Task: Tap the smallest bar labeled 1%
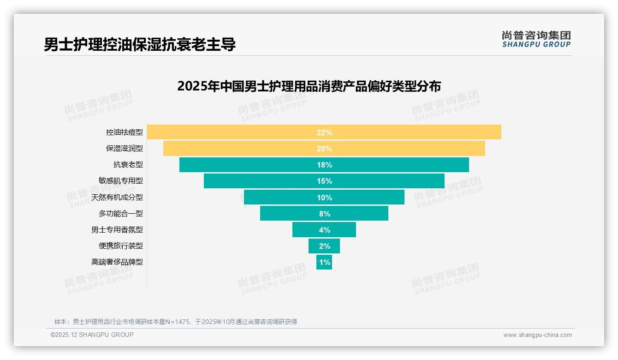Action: pos(324,262)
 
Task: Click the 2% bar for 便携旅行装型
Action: pos(324,246)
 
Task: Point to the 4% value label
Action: pos(324,230)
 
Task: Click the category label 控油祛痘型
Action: pos(125,132)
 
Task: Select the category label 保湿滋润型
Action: pos(125,149)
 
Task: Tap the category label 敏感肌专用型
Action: pos(121,181)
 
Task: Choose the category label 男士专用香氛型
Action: pos(117,229)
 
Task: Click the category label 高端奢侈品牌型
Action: pos(117,262)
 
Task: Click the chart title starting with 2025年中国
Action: pos(309,86)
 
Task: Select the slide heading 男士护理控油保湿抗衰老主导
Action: pos(140,44)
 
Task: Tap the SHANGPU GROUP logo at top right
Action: pos(536,39)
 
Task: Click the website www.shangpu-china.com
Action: pos(537,335)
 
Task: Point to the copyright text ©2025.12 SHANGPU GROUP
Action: pos(92,335)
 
